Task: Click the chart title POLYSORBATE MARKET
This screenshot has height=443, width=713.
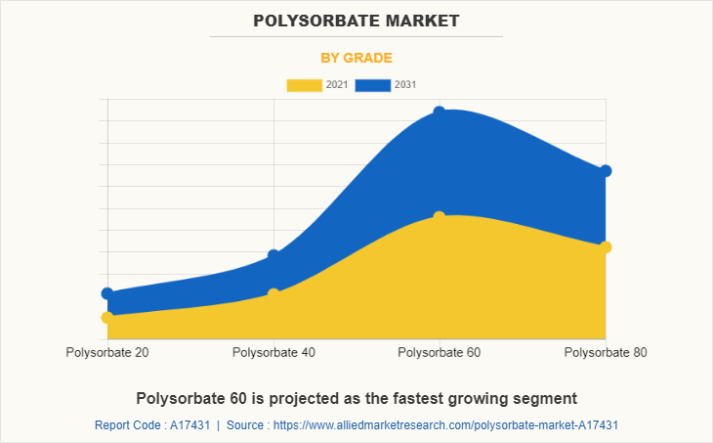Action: (x=356, y=21)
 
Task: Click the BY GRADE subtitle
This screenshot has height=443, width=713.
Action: (x=356, y=58)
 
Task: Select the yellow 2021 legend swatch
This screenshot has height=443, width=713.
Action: (x=304, y=85)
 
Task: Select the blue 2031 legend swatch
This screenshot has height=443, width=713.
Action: (x=372, y=85)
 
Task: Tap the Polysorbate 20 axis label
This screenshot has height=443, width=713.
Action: (x=107, y=352)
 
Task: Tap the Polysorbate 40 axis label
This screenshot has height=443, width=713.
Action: (x=273, y=352)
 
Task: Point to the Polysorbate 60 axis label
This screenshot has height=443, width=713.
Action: (x=440, y=352)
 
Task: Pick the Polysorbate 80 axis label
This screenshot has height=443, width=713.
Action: (x=606, y=352)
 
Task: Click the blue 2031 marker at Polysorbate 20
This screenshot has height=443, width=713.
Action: (x=107, y=293)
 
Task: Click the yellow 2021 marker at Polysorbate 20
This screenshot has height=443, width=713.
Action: (x=107, y=318)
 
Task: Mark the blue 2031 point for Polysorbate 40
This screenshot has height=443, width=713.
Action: (x=273, y=255)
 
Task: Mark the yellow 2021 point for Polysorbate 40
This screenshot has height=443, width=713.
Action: (x=273, y=293)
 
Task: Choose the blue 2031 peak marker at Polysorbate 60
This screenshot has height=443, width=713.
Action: (x=440, y=112)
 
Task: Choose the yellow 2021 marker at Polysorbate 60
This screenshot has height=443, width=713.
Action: (x=440, y=217)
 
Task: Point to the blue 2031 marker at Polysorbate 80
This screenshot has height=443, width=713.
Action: (x=606, y=171)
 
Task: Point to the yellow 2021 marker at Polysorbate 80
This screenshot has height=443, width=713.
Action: (x=606, y=247)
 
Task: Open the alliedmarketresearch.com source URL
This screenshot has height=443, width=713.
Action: (x=445, y=425)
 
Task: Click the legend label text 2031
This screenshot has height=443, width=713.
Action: (x=405, y=85)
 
